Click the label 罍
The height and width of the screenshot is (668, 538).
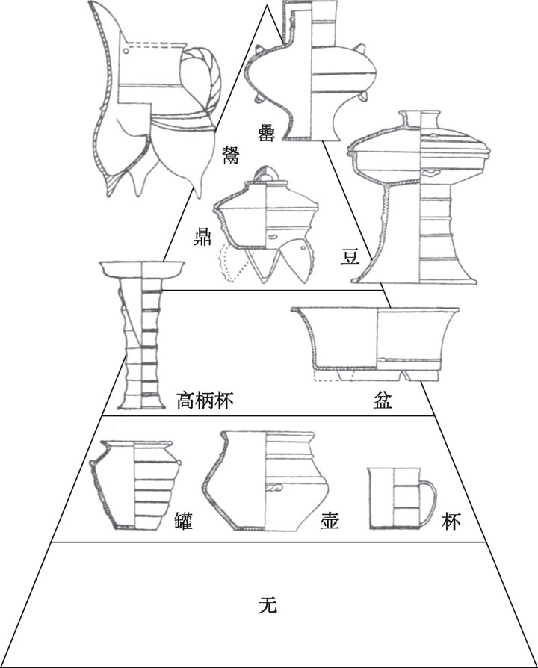click(265, 132)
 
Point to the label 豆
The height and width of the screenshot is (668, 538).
click(350, 256)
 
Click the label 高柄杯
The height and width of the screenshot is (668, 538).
click(205, 401)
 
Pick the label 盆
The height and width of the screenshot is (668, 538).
click(383, 401)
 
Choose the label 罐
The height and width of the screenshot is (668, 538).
click(184, 521)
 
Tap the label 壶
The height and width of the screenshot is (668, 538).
click(330, 521)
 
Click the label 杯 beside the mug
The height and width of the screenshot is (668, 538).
click(451, 521)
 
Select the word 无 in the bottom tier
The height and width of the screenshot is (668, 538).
click(268, 604)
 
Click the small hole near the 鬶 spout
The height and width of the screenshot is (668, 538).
click(126, 51)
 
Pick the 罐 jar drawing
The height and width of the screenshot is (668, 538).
click(134, 486)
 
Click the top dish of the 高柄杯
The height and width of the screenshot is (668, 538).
click(142, 270)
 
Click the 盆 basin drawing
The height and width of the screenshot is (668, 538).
click(375, 344)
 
